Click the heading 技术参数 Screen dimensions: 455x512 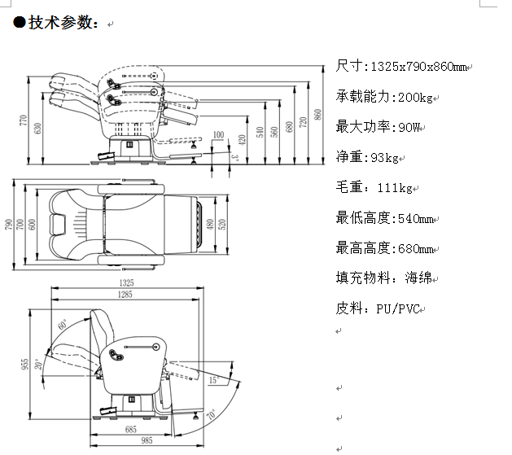click(61, 23)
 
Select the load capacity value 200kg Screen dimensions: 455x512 click(414, 97)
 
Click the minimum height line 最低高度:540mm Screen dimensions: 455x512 click(387, 218)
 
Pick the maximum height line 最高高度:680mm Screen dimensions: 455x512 click(387, 248)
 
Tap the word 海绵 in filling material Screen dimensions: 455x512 click(419, 278)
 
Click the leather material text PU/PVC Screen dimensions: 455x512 click(398, 308)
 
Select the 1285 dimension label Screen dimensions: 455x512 click(125, 294)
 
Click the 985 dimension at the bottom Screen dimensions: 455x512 click(146, 440)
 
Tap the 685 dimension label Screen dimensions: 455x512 click(130, 428)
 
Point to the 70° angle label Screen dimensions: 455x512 click(213, 413)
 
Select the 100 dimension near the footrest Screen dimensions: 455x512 click(218, 134)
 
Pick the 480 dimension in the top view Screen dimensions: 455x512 click(209, 225)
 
